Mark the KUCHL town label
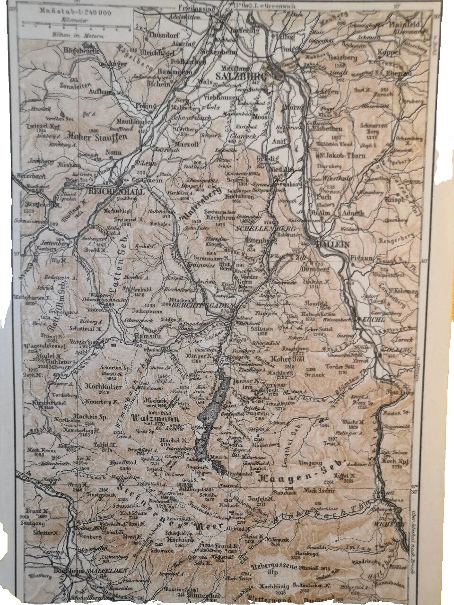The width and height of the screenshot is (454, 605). point(374,320)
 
